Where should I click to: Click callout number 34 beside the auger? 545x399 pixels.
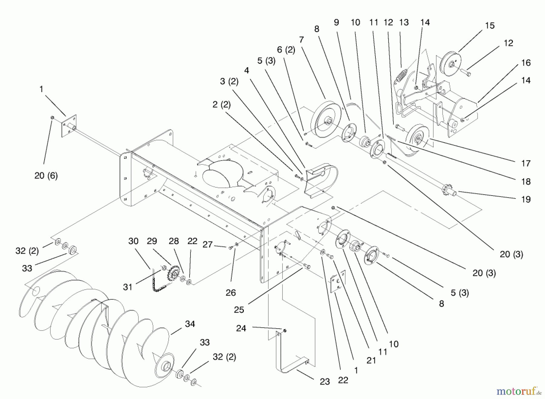pos(190,324)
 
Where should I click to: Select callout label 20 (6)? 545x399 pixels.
pos(46,176)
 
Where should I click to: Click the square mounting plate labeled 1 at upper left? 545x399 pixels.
pos(69,126)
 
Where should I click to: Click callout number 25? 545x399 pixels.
pos(239,310)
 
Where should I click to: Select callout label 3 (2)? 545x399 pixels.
pos(229,81)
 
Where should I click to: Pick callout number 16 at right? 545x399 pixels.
pos(526,63)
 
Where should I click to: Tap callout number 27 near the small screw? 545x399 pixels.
pos(207,244)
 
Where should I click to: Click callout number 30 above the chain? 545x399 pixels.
pos(133,241)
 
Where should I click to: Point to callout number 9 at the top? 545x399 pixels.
pos(336,22)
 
